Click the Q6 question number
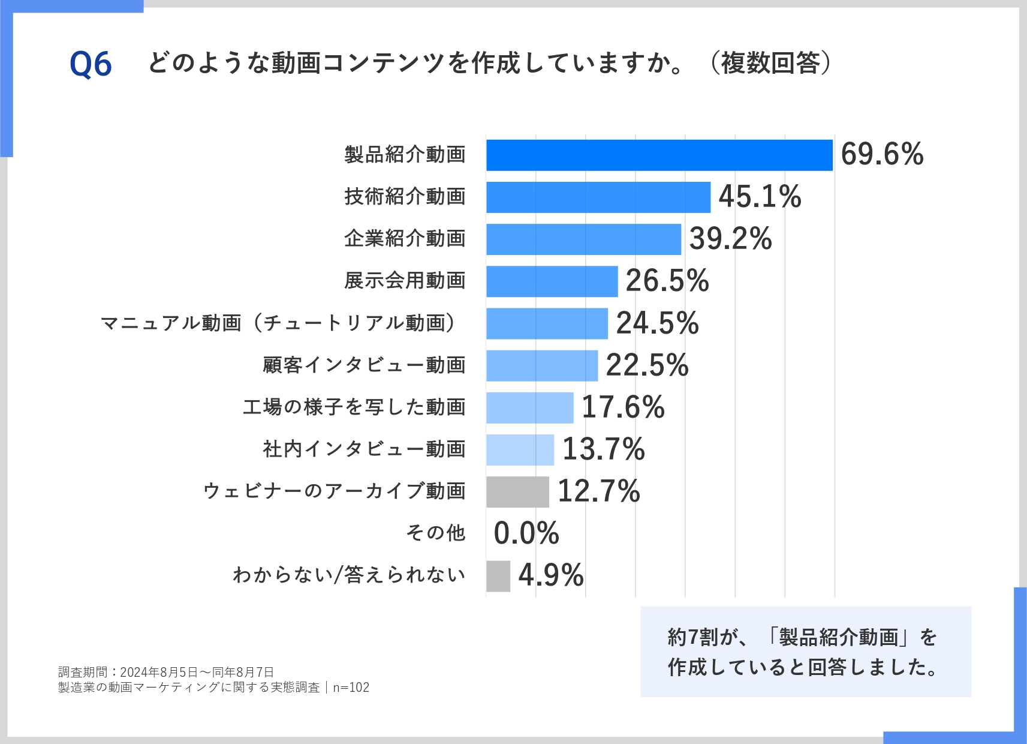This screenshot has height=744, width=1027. (x=91, y=64)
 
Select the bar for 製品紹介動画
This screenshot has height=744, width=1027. (x=659, y=155)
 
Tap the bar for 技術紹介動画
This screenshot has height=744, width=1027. (x=598, y=197)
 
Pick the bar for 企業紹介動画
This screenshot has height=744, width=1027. (x=583, y=239)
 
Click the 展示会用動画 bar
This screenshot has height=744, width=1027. (x=552, y=281)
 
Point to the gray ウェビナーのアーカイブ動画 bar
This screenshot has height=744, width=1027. (x=517, y=492)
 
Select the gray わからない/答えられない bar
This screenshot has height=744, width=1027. (x=498, y=576)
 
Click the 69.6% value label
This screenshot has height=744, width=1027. (x=882, y=154)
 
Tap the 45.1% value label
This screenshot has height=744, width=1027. (x=760, y=197)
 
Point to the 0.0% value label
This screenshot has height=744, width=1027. (x=526, y=533)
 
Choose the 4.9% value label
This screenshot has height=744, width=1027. (x=551, y=575)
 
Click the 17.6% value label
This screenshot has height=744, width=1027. (x=623, y=407)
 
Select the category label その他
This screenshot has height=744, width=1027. (x=436, y=533)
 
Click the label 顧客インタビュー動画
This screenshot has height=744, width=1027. (x=364, y=365)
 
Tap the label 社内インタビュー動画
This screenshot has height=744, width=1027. (x=364, y=449)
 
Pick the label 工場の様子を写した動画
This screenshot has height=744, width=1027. (x=354, y=407)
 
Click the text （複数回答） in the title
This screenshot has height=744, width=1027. (x=770, y=63)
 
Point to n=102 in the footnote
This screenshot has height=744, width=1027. (x=351, y=688)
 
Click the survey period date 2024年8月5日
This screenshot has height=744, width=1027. (x=159, y=673)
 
